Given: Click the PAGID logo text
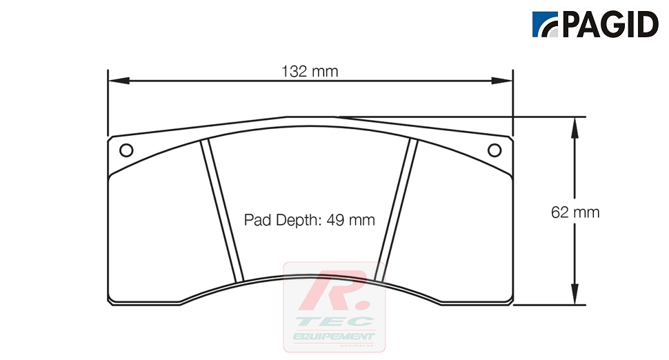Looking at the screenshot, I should click(610, 26).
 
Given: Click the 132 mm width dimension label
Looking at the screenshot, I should click(310, 71).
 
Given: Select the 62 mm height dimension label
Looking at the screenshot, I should click(575, 212).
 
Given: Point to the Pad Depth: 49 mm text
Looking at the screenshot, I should click(310, 220).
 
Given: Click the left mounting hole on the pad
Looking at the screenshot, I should click(126, 150).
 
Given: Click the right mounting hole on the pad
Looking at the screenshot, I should click(494, 150).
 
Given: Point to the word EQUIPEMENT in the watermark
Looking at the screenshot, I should click(334, 336).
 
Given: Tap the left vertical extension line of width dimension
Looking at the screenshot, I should click(108, 103).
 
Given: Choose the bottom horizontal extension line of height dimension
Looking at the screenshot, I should click(552, 304).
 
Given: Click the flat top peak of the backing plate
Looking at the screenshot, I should click(310, 117).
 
